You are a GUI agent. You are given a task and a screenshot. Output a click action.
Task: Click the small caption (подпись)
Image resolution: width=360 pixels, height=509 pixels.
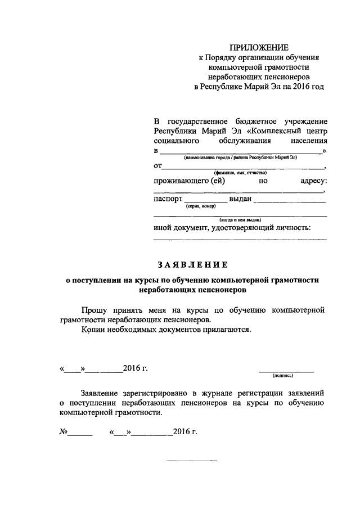pyautogui.click(x=286, y=375)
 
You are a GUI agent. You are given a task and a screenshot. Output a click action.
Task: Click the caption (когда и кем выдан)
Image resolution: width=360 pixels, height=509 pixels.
pyautogui.click(x=240, y=220)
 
